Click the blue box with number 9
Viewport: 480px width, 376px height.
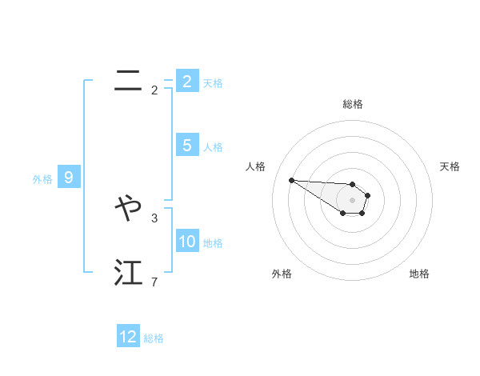[69, 178]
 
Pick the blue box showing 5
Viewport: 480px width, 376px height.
[186, 146]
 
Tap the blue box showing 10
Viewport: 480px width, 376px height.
[187, 242]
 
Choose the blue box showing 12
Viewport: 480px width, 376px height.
[128, 337]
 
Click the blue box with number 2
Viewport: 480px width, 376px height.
[186, 81]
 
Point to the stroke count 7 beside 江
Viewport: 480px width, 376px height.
[154, 282]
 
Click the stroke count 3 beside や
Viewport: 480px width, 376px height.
[154, 217]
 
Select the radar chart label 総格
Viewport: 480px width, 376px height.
[353, 104]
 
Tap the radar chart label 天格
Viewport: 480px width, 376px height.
[450, 166]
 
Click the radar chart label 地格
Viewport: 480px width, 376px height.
[419, 274]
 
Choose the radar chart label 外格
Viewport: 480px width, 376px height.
[282, 274]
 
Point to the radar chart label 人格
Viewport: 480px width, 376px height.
[256, 166]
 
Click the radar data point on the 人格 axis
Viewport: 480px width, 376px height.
[291, 180]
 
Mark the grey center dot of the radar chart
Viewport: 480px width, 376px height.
[352, 200]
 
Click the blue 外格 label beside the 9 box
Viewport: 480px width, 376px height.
[42, 179]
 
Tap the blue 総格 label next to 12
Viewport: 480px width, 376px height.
[154, 338]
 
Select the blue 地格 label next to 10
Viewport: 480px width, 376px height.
[213, 243]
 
